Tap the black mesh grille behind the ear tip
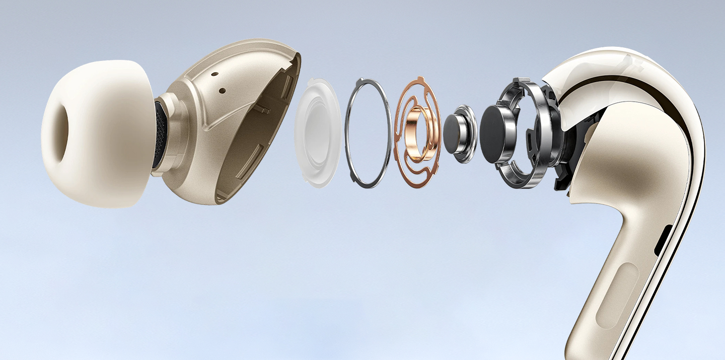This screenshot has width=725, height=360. [x=160, y=134]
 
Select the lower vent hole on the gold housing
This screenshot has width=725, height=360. [x=222, y=91]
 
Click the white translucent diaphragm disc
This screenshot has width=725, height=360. [x=318, y=131]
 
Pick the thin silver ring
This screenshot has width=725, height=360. [x=368, y=133]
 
